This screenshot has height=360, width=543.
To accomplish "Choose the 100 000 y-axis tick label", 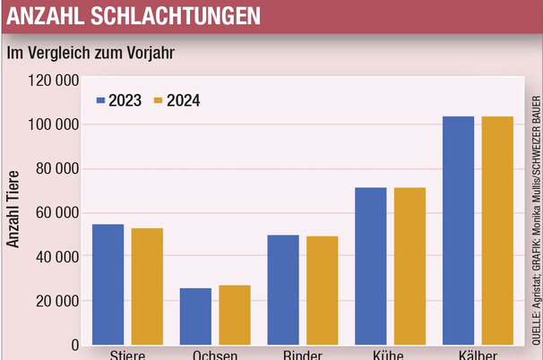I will click(50, 124).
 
